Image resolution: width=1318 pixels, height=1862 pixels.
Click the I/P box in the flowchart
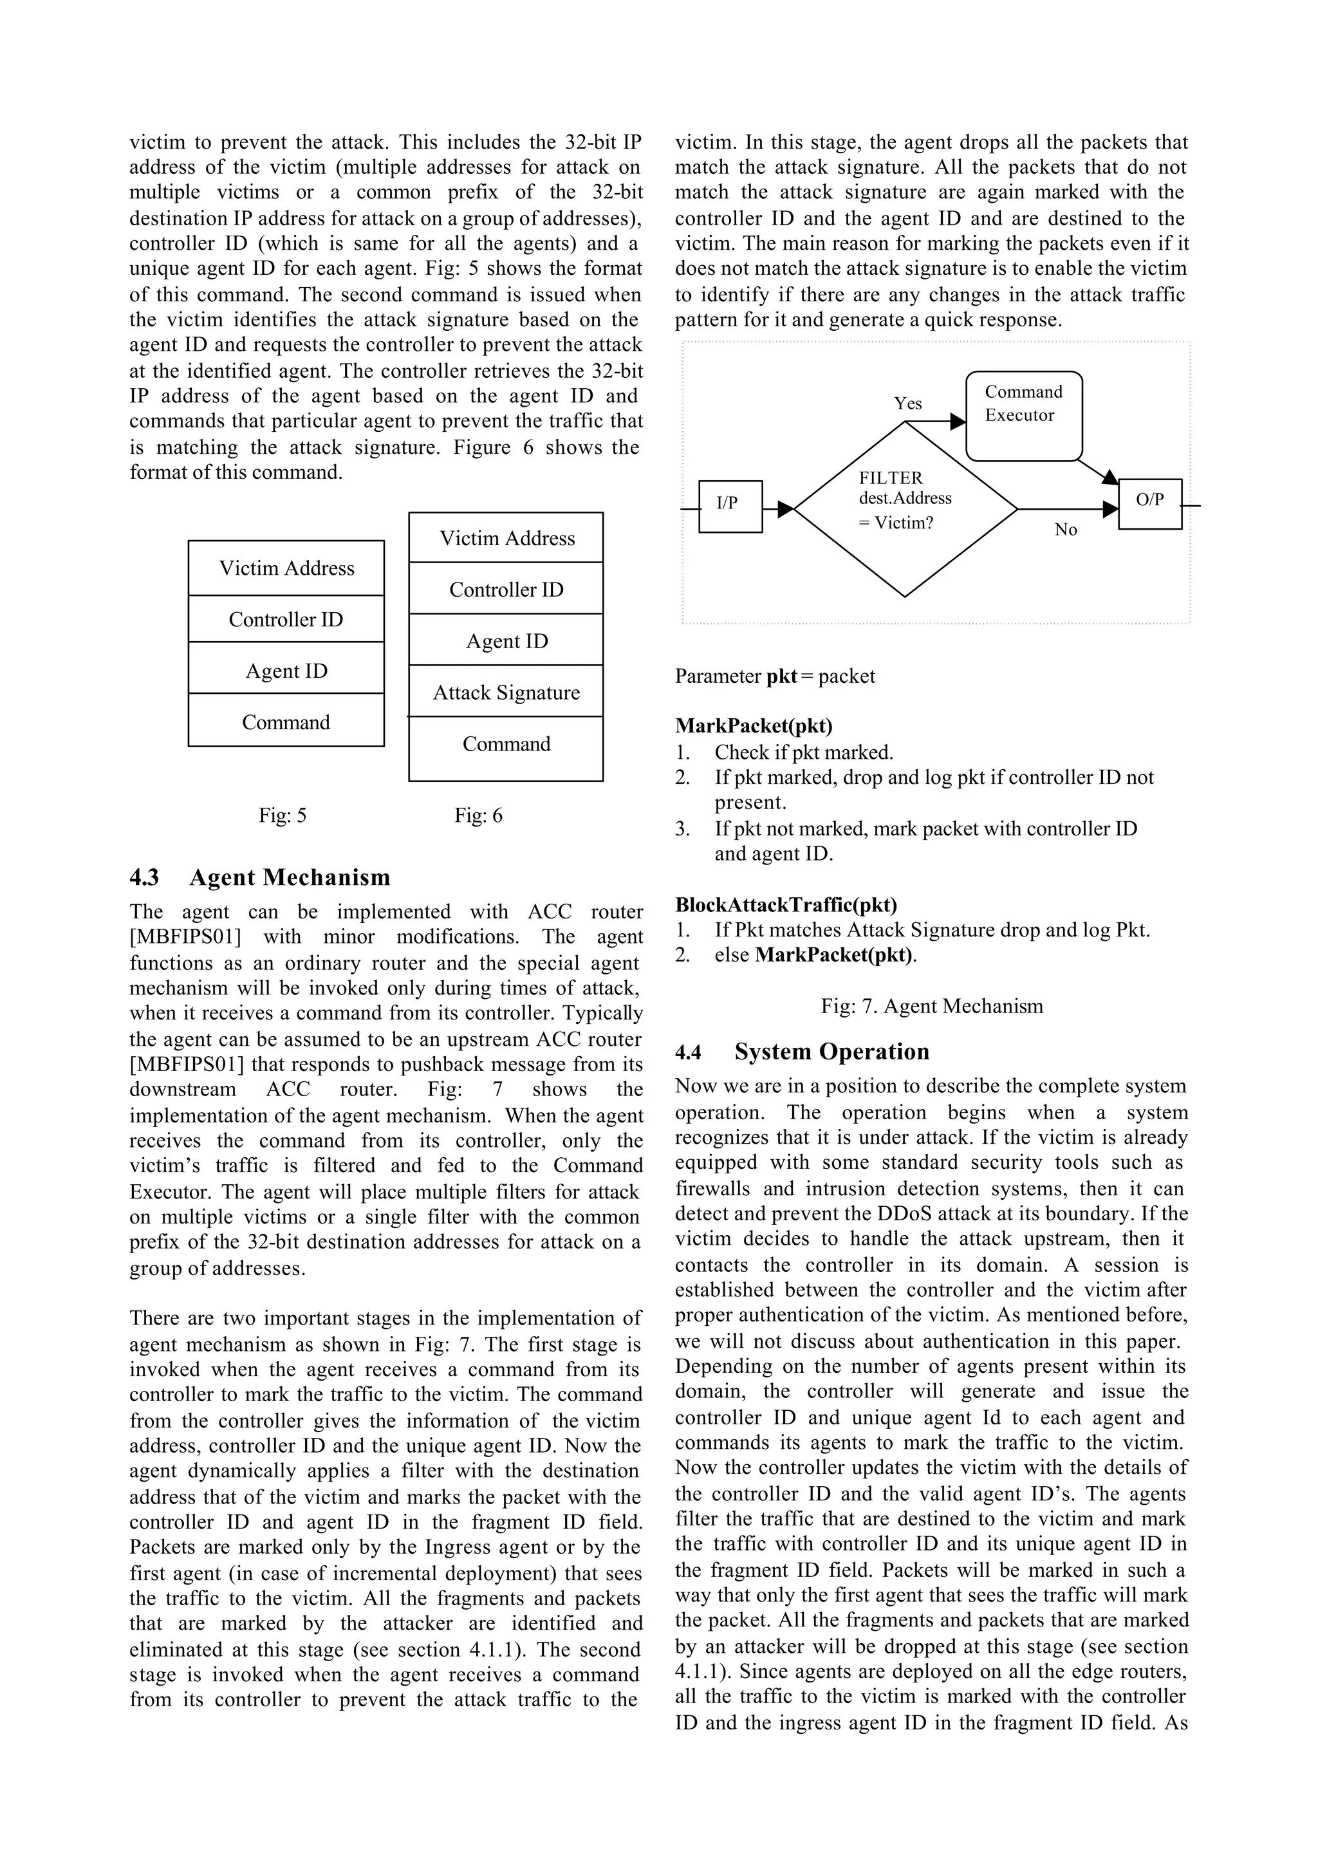pos(730,506)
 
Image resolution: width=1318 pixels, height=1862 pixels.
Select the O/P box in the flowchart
pos(1149,503)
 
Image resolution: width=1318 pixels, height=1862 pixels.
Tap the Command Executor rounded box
pos(1023,416)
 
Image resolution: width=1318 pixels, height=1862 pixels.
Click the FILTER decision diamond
pos(905,509)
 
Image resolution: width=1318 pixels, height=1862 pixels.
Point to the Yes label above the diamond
pos(907,404)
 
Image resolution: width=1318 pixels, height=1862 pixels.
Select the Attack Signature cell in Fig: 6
pos(506,693)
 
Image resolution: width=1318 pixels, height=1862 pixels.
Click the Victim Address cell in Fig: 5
pos(286,568)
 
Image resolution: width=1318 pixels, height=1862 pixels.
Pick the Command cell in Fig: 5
pos(286,722)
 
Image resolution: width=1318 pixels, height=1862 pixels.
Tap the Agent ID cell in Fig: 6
pos(506,640)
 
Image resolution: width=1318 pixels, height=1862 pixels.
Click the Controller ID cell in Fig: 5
pos(286,619)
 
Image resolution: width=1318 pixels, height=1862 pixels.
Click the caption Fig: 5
pos(283,815)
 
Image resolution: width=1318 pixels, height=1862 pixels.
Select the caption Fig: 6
pos(478,815)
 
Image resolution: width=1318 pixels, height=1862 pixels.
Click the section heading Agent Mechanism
pos(290,877)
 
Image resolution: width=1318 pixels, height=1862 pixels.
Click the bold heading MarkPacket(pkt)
pos(753,725)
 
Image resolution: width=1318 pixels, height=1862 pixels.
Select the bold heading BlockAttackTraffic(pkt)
pos(786,904)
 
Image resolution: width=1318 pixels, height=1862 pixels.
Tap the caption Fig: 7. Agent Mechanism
pos(932,1006)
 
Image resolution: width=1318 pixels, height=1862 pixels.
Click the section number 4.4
pos(688,1052)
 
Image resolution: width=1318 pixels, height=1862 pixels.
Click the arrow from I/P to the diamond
pos(777,509)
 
